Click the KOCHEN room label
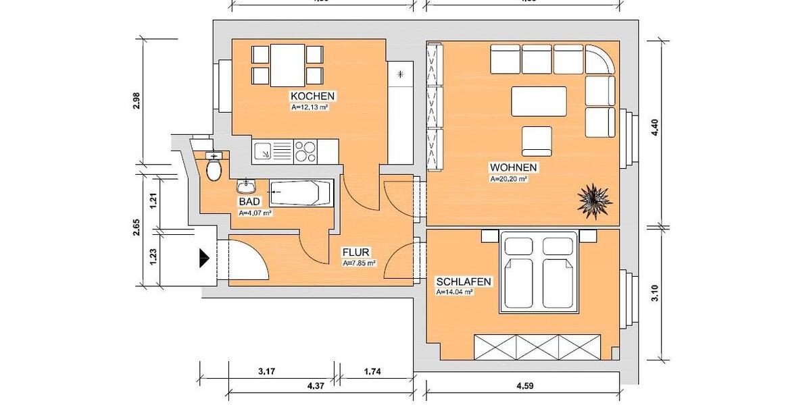(x=312, y=96)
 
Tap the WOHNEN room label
(x=514, y=167)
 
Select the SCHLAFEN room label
(x=463, y=281)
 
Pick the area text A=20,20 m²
(x=508, y=180)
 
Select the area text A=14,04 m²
(x=453, y=292)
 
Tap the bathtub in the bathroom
(x=301, y=194)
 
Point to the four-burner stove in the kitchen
(x=305, y=151)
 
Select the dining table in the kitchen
(x=287, y=65)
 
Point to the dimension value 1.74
(x=376, y=371)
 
